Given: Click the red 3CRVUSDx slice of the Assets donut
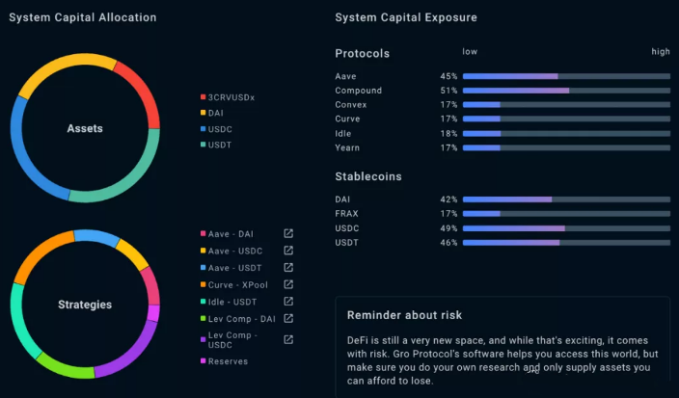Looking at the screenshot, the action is tap(145, 91).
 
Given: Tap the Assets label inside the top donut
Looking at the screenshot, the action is tap(85, 128).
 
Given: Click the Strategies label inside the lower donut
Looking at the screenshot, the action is tap(85, 305).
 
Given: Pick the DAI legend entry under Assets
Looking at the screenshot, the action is tap(212, 113).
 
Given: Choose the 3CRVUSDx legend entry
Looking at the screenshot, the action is tap(228, 97).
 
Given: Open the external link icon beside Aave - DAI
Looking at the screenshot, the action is tap(288, 233).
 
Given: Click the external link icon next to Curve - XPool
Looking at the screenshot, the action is tap(288, 284).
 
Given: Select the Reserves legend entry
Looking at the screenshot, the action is tap(224, 361).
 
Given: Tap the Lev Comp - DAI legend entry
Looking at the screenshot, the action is tap(237, 319).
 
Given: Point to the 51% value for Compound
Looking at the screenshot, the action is tap(448, 91).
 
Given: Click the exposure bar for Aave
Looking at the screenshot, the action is tap(566, 76).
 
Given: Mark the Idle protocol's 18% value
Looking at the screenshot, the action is tap(448, 134).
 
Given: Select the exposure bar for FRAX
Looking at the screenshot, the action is tap(566, 214).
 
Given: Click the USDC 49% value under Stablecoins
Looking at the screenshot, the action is tap(448, 228).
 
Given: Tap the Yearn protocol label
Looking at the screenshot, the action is tap(347, 147).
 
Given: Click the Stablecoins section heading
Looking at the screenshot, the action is tap(368, 176).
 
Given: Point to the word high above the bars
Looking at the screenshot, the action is tap(661, 52).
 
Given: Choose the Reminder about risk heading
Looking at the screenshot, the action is tap(404, 315).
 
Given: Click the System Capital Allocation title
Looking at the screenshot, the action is tap(83, 17).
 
